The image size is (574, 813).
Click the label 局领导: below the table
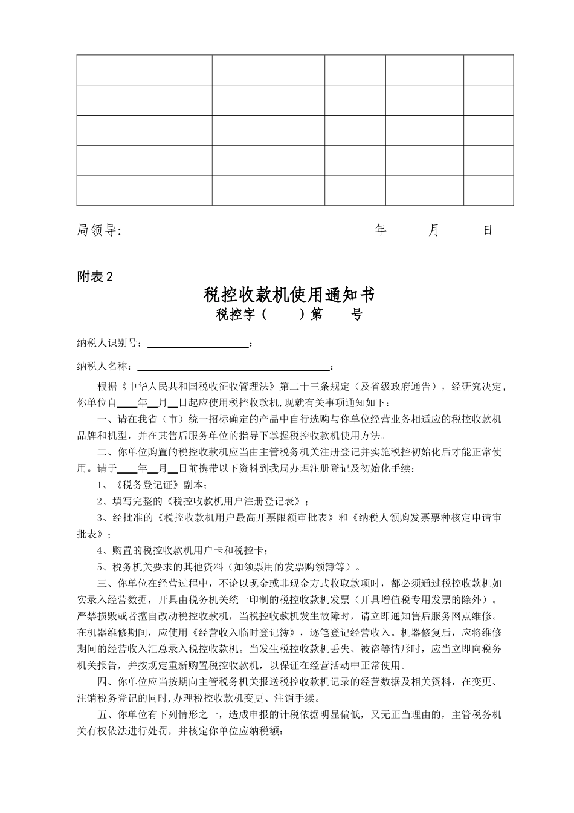(x=99, y=230)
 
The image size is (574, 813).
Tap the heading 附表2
(x=95, y=276)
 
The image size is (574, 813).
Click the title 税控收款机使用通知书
(x=289, y=295)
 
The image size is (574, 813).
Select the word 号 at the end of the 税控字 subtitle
(x=357, y=315)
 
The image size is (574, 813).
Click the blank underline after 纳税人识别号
(x=198, y=344)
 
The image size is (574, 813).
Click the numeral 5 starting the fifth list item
(x=100, y=567)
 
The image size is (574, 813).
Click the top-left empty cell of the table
(x=144, y=70)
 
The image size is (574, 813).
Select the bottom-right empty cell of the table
(x=488, y=191)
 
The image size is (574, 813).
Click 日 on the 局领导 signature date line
(x=488, y=230)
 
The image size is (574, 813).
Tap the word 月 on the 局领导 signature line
(x=434, y=230)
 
